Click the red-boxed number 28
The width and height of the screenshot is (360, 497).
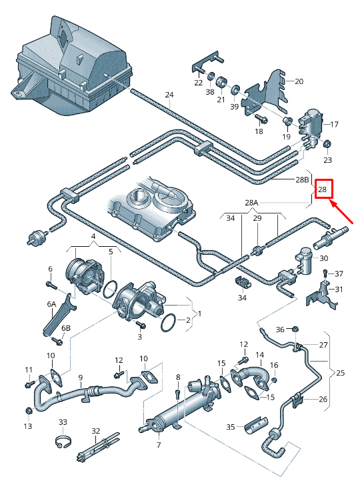point(323,190)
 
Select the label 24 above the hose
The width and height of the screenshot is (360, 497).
point(169,95)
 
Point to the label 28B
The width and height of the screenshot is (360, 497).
point(302,179)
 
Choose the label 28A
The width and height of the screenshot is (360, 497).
point(251,203)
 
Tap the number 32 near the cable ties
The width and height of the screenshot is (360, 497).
point(95,431)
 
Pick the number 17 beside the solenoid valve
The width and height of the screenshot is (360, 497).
point(334,124)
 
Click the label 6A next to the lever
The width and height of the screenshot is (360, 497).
point(51,304)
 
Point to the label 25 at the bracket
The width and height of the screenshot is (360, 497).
point(341,372)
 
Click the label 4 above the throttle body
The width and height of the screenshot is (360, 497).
point(93,237)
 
